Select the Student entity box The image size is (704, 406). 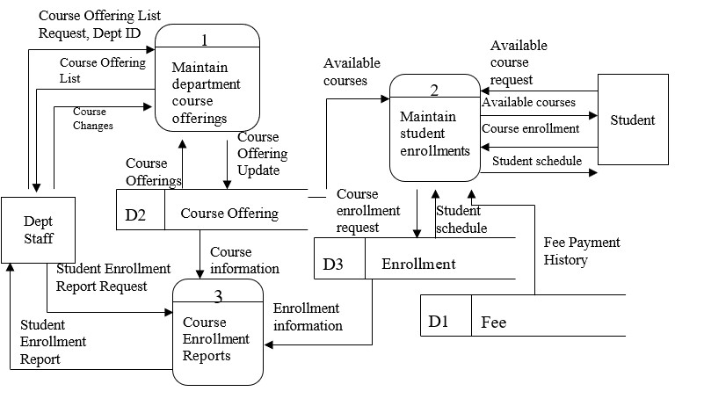coord(633,120)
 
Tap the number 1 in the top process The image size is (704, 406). coord(205,40)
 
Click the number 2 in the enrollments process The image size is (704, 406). coord(434,91)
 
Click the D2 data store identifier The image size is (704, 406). coord(135,214)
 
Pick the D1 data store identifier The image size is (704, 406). coord(439,323)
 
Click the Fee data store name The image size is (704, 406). coord(493,323)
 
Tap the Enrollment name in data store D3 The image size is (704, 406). coord(418,264)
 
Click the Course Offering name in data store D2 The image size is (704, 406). coord(229,214)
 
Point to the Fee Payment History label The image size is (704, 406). coord(581,251)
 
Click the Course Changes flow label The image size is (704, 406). coord(91,119)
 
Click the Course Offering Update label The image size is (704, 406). coord(261,153)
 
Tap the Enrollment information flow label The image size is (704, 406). coord(308,317)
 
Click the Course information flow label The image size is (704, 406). coord(244,260)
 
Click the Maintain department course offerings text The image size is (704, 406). coord(206,92)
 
